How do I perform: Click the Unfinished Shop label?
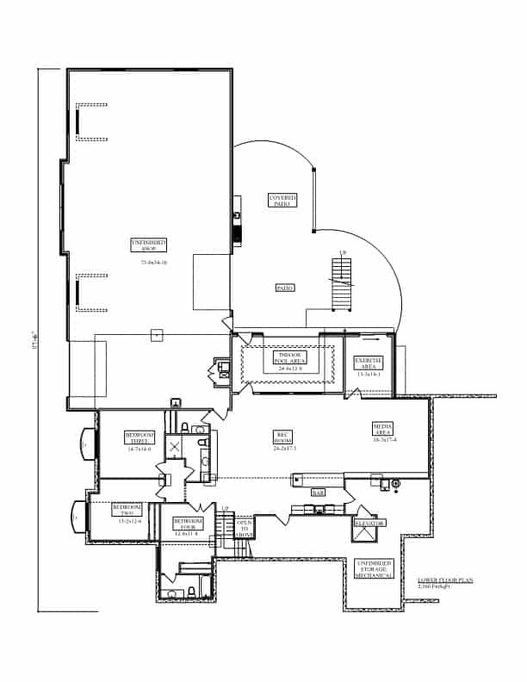[148, 245]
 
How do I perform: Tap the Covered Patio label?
[282, 200]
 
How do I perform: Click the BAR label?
[318, 493]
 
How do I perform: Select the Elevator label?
[369, 523]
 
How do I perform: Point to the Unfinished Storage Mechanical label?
[375, 568]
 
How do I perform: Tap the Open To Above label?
[244, 528]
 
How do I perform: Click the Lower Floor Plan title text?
[451, 581]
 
